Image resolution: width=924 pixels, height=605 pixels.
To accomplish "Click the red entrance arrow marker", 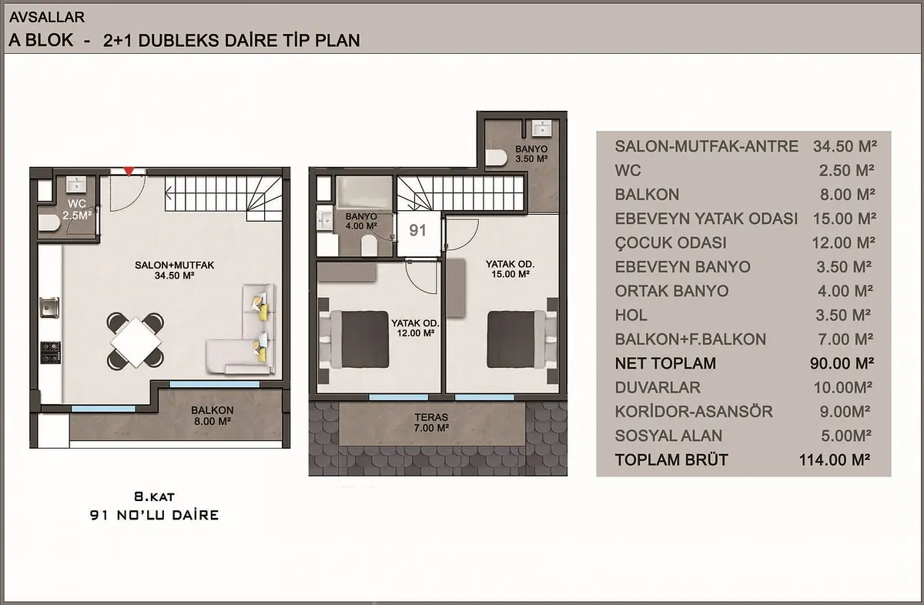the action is pyautogui.click(x=129, y=171).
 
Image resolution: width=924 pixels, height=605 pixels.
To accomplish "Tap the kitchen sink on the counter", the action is pyautogui.click(x=49, y=307).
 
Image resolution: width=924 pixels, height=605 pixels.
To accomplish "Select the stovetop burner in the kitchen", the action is pyautogui.click(x=50, y=353).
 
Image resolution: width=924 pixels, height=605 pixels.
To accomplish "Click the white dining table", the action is pyautogui.click(x=136, y=342).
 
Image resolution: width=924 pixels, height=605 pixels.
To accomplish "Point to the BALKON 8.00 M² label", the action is pyautogui.click(x=212, y=416).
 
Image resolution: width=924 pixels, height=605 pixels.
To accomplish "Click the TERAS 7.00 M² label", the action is pyautogui.click(x=431, y=423).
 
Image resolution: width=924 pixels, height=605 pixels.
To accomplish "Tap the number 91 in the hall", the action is pyautogui.click(x=417, y=230).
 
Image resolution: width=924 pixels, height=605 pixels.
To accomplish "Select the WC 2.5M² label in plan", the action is pyautogui.click(x=77, y=209).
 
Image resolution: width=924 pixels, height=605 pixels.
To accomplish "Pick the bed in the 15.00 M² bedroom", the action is pyautogui.click(x=516, y=339).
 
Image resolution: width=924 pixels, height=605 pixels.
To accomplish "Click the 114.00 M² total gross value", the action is pyautogui.click(x=835, y=460).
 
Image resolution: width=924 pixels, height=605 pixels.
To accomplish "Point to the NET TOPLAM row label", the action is pyautogui.click(x=665, y=363).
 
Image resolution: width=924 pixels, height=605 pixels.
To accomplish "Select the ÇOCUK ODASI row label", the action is pyautogui.click(x=671, y=243).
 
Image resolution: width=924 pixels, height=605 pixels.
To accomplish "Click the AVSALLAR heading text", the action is pyautogui.click(x=47, y=17).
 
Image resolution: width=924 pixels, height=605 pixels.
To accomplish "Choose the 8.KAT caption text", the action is pyautogui.click(x=154, y=496).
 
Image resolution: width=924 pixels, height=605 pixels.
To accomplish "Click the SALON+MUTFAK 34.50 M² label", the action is pyautogui.click(x=175, y=270).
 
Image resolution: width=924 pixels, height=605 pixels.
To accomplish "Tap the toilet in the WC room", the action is pyautogui.click(x=49, y=223).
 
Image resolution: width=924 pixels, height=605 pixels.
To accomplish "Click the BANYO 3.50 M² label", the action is pyautogui.click(x=531, y=154).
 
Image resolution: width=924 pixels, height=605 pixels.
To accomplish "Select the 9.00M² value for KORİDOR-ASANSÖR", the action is pyautogui.click(x=845, y=412).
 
